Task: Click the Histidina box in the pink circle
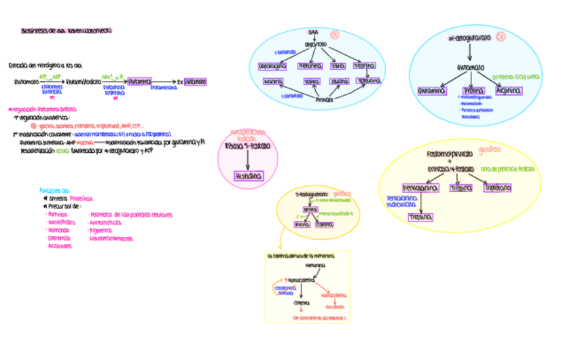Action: pyautogui.click(x=248, y=176)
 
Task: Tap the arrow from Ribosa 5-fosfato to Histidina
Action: pyautogui.click(x=247, y=161)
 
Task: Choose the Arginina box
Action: pyautogui.click(x=509, y=90)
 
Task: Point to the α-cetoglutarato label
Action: pyautogui.click(x=469, y=39)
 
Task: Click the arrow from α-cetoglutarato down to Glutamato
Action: pyautogui.click(x=469, y=53)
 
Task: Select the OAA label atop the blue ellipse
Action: pyautogui.click(x=313, y=32)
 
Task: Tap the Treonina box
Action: pyautogui.click(x=365, y=66)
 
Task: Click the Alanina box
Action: pyautogui.click(x=272, y=82)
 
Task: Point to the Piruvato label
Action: pyautogui.click(x=325, y=99)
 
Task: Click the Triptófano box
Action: pyautogui.click(x=498, y=187)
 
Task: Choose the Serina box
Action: pyautogui.click(x=310, y=210)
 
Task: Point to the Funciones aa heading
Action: pyautogui.click(x=55, y=190)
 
